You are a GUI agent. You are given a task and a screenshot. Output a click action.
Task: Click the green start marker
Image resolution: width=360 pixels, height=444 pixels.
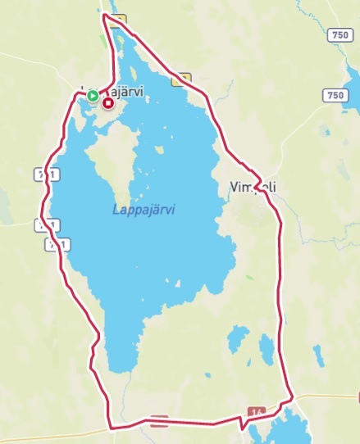point(93,96)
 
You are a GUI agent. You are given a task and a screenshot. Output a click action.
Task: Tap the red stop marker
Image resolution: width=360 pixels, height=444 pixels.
point(108,103)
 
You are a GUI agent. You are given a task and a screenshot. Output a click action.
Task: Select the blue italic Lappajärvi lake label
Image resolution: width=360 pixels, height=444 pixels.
point(144,210)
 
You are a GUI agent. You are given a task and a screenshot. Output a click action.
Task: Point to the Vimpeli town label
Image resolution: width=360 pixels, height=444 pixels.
point(249,188)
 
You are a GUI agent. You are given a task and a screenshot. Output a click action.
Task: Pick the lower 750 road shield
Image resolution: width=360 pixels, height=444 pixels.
point(336,95)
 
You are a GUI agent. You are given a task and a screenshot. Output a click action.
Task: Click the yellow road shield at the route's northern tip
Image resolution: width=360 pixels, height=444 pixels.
point(120,20)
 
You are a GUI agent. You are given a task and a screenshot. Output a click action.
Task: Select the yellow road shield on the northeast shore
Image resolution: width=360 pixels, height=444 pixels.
point(181,79)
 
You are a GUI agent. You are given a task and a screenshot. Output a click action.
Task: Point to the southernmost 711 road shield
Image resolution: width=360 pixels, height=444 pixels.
point(57,243)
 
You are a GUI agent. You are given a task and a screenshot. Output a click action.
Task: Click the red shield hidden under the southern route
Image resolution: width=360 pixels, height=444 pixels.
point(160,422)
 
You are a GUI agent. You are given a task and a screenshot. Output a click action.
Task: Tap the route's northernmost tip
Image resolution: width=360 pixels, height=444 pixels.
point(104,15)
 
